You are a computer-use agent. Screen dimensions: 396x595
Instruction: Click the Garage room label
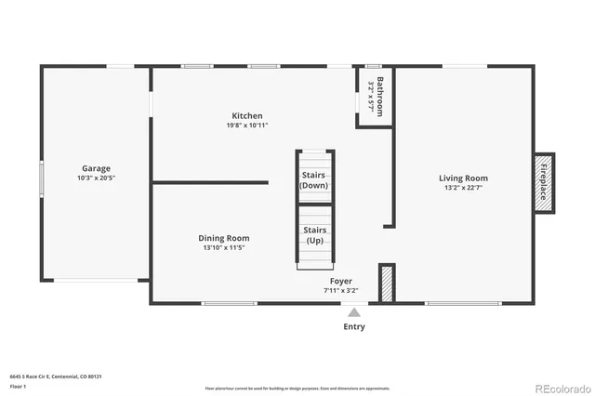point(96,169)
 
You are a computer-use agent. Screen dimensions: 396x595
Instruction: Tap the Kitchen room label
point(247,116)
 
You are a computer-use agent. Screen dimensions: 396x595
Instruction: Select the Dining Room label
point(225,238)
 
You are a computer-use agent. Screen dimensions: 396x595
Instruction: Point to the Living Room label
point(463,178)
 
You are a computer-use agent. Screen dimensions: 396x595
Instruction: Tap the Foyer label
point(341,280)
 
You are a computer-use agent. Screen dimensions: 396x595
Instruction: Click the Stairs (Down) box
point(314,179)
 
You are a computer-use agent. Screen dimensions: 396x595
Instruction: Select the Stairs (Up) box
point(314,234)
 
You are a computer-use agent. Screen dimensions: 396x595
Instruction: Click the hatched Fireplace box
point(545,182)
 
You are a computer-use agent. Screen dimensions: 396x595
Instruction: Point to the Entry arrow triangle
point(353,313)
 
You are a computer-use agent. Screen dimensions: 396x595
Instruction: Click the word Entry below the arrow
point(353,326)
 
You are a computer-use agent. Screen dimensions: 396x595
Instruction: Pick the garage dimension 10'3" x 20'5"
point(96,178)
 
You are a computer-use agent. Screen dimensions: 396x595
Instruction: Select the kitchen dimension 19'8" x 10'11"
point(247,125)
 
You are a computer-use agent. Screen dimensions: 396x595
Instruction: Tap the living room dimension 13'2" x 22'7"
point(463,187)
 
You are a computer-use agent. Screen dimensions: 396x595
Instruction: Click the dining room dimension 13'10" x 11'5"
point(225,247)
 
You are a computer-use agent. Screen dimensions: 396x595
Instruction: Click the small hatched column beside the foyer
point(387,283)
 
